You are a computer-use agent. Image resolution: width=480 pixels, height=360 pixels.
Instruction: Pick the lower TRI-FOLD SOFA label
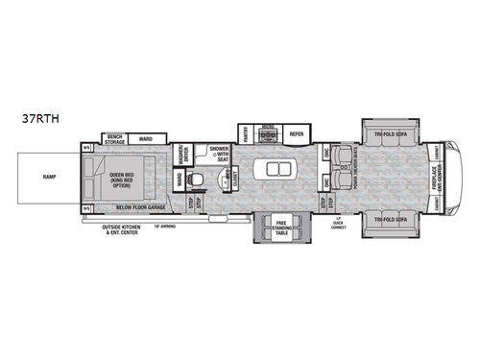(x=390, y=217)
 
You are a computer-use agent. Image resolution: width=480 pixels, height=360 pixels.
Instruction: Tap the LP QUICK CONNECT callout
(x=339, y=226)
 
